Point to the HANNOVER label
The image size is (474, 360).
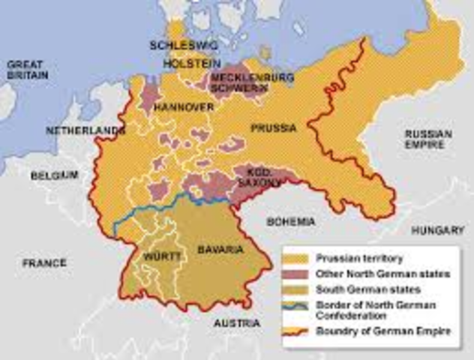pos(184,108)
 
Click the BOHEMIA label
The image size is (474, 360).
pos(292,222)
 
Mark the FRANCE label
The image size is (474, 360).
pos(43,263)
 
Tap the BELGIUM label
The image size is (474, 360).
pos(54,175)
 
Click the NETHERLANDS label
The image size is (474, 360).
pos(84,130)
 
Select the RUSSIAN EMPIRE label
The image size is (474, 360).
pos(427,139)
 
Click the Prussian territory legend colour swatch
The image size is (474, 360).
pos(299,259)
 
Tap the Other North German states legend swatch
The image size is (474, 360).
pos(299,274)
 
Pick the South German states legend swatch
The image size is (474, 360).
pos(299,289)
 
